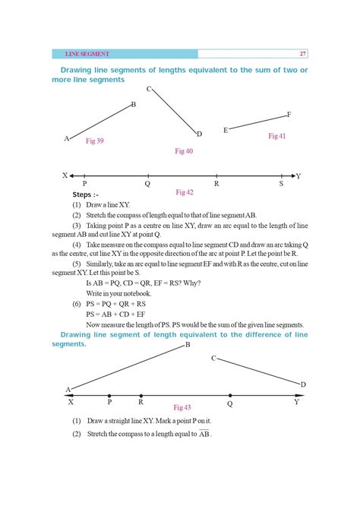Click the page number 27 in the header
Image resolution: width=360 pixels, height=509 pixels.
[303, 54]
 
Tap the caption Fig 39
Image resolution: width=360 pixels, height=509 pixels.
[95, 141]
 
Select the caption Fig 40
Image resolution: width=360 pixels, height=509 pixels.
[184, 151]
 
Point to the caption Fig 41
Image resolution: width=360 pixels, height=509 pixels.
[276, 135]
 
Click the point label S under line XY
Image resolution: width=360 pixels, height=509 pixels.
[281, 184]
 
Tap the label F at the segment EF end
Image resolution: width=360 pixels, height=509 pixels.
[289, 115]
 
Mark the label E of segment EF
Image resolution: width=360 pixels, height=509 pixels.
[226, 131]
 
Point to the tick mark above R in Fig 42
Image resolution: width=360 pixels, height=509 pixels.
[217, 175]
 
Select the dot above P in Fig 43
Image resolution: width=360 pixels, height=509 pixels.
[109, 395]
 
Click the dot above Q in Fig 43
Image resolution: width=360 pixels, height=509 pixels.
[230, 395]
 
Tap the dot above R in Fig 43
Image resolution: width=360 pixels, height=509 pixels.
[141, 395]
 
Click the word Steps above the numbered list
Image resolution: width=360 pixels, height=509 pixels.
[84, 195]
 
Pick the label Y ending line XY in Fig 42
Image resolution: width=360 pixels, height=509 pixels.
[298, 176]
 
